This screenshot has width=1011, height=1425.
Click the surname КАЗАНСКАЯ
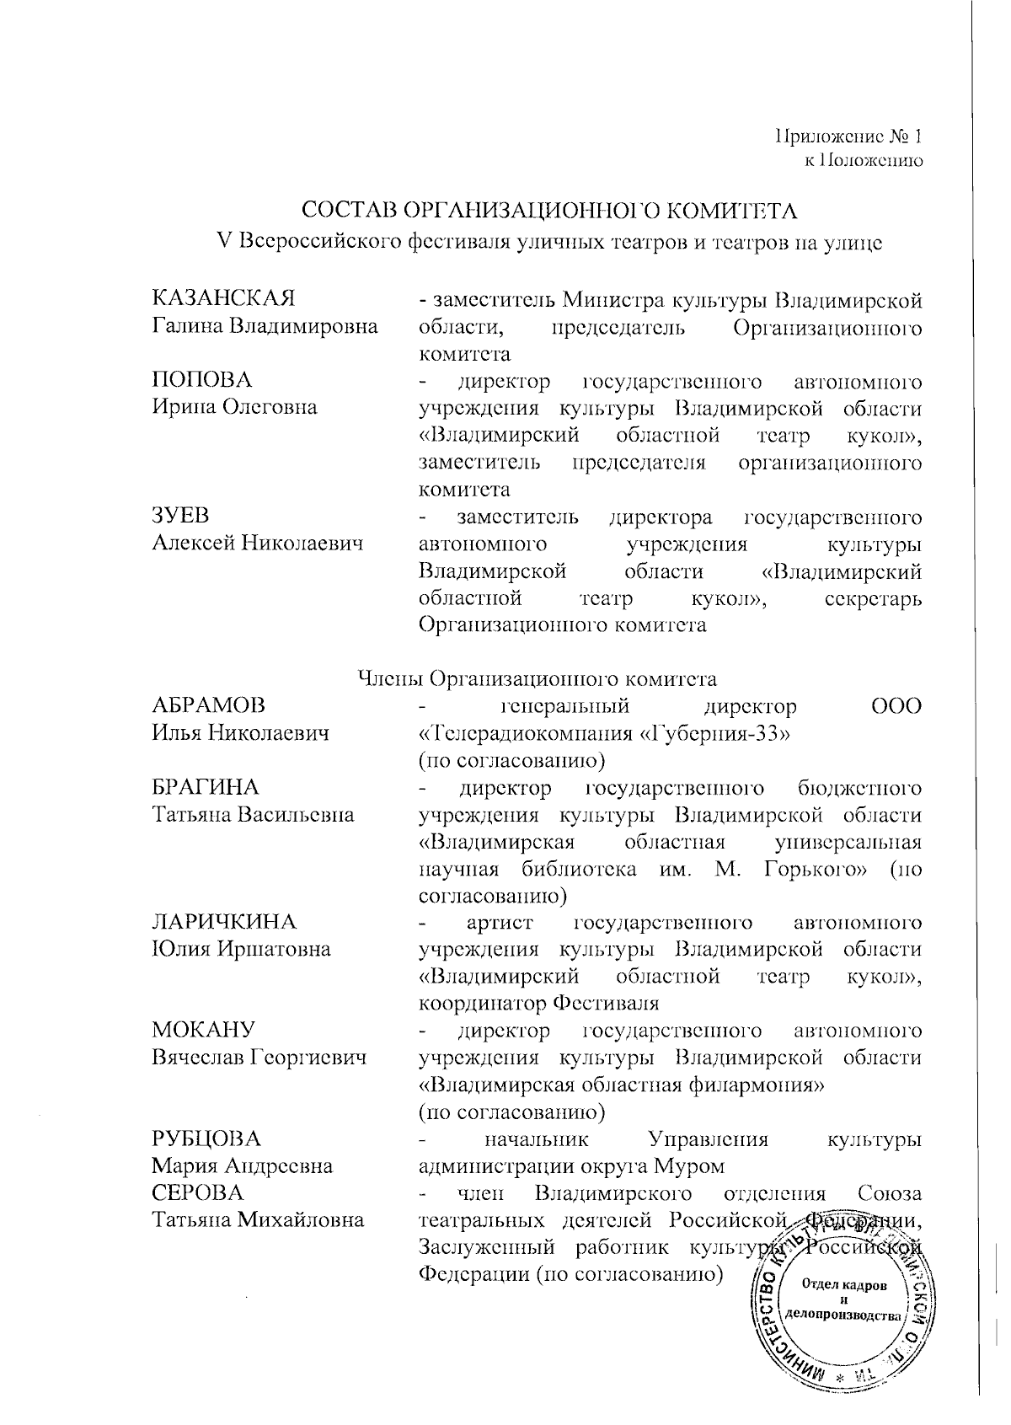click(x=223, y=299)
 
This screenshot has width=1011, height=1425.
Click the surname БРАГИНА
click(x=206, y=788)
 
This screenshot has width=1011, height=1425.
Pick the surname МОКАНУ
click(x=203, y=1031)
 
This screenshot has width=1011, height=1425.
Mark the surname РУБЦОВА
click(x=206, y=1139)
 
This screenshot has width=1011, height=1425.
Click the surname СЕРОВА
click(x=197, y=1193)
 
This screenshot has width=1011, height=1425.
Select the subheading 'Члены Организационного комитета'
click(x=537, y=678)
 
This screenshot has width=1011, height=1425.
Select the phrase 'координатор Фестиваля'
click(x=538, y=1004)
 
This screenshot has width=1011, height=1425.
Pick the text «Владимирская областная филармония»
click(x=621, y=1085)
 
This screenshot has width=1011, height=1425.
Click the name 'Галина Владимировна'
click(x=265, y=326)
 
